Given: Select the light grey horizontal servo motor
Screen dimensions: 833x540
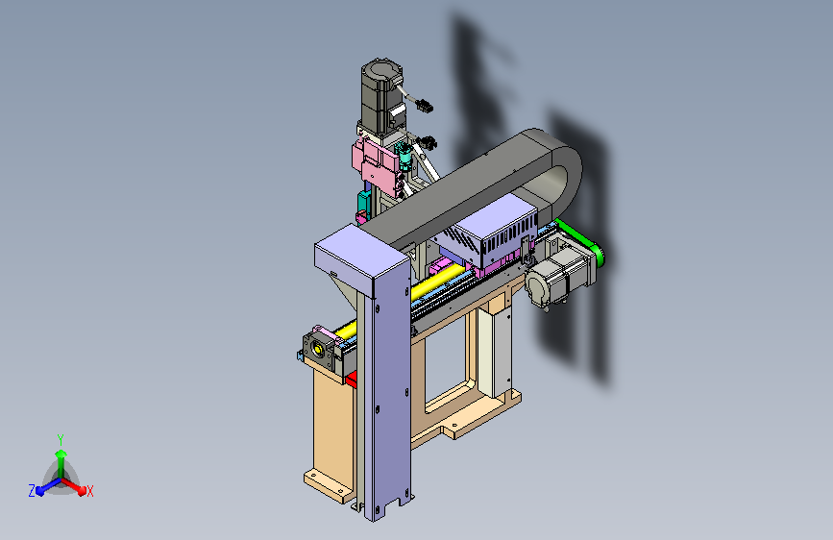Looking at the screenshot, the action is point(559,277).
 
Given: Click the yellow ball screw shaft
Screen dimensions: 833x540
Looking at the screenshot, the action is point(404,301).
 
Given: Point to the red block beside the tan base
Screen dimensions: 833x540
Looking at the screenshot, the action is point(351,379).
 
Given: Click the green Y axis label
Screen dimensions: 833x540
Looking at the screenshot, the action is point(61,439).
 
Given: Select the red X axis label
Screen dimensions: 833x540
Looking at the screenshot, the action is point(89,492).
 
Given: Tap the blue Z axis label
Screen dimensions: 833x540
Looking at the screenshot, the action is point(32,491).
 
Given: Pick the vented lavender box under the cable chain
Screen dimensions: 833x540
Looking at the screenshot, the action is point(494,232).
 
